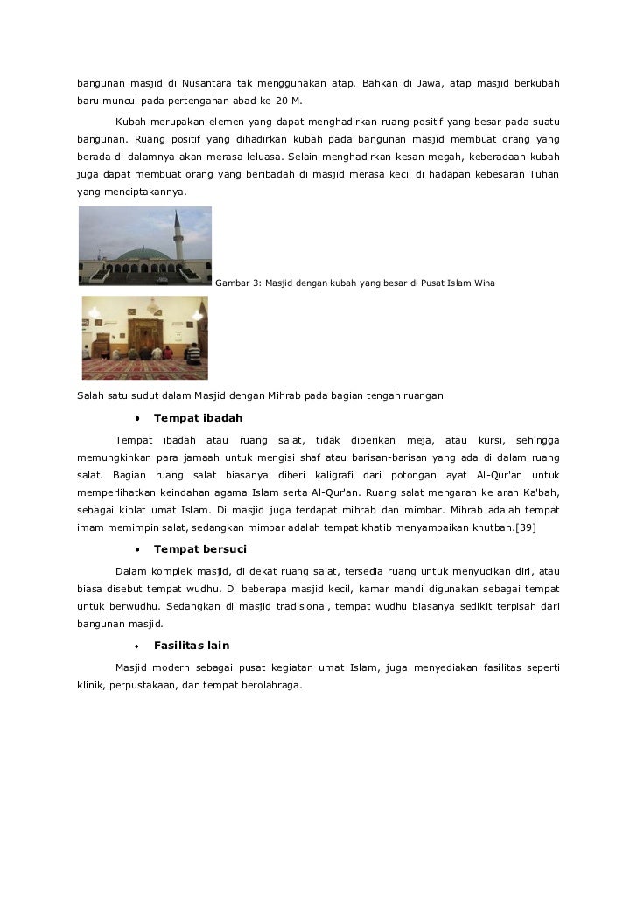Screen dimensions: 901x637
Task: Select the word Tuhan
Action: click(543, 174)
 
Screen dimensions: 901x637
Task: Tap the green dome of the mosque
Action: click(143, 254)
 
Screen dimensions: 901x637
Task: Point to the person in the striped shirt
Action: click(192, 352)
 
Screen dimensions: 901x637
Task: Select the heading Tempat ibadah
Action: click(198, 418)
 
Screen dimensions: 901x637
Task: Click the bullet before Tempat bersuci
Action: click(136, 550)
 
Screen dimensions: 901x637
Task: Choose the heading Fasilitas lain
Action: click(192, 646)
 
